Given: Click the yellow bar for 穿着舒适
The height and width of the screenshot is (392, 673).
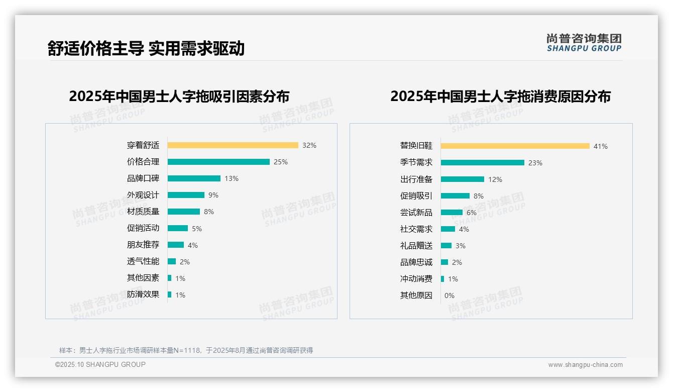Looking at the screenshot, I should [x=233, y=145].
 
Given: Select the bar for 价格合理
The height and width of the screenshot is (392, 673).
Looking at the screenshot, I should [x=218, y=162].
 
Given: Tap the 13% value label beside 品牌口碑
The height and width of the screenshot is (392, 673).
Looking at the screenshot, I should [x=232, y=178].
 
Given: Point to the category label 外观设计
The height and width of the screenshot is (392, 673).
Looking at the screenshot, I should [x=143, y=195].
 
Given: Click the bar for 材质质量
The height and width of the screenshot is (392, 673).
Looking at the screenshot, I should [x=184, y=212].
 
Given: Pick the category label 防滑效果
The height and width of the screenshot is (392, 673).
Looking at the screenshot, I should [x=143, y=295].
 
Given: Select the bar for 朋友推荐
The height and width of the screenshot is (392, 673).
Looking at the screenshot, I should [x=176, y=245].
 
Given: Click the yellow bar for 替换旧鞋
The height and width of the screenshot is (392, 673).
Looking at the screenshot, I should [x=515, y=146].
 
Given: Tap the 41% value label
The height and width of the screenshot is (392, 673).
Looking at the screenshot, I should [x=601, y=146].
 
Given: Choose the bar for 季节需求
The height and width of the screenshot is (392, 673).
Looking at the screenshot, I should [x=483, y=163].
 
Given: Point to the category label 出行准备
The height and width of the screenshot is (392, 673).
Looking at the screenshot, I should [x=416, y=179].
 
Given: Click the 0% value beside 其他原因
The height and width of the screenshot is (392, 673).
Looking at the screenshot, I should [x=450, y=296].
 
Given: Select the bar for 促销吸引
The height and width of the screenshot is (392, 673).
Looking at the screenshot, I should [x=455, y=196].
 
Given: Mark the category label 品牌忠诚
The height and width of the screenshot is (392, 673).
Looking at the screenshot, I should [x=416, y=262].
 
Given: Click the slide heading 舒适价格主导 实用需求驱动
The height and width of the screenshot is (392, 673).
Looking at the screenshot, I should [x=146, y=48].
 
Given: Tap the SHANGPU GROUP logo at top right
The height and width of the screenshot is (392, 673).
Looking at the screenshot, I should [x=584, y=43].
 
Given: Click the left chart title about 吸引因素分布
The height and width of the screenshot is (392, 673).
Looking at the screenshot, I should [x=179, y=96].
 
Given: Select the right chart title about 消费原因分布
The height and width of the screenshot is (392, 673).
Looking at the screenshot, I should [x=500, y=96].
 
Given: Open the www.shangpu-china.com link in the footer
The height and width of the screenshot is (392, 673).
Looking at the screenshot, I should [x=585, y=365].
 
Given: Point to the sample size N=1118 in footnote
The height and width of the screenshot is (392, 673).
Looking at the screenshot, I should [x=187, y=350].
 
